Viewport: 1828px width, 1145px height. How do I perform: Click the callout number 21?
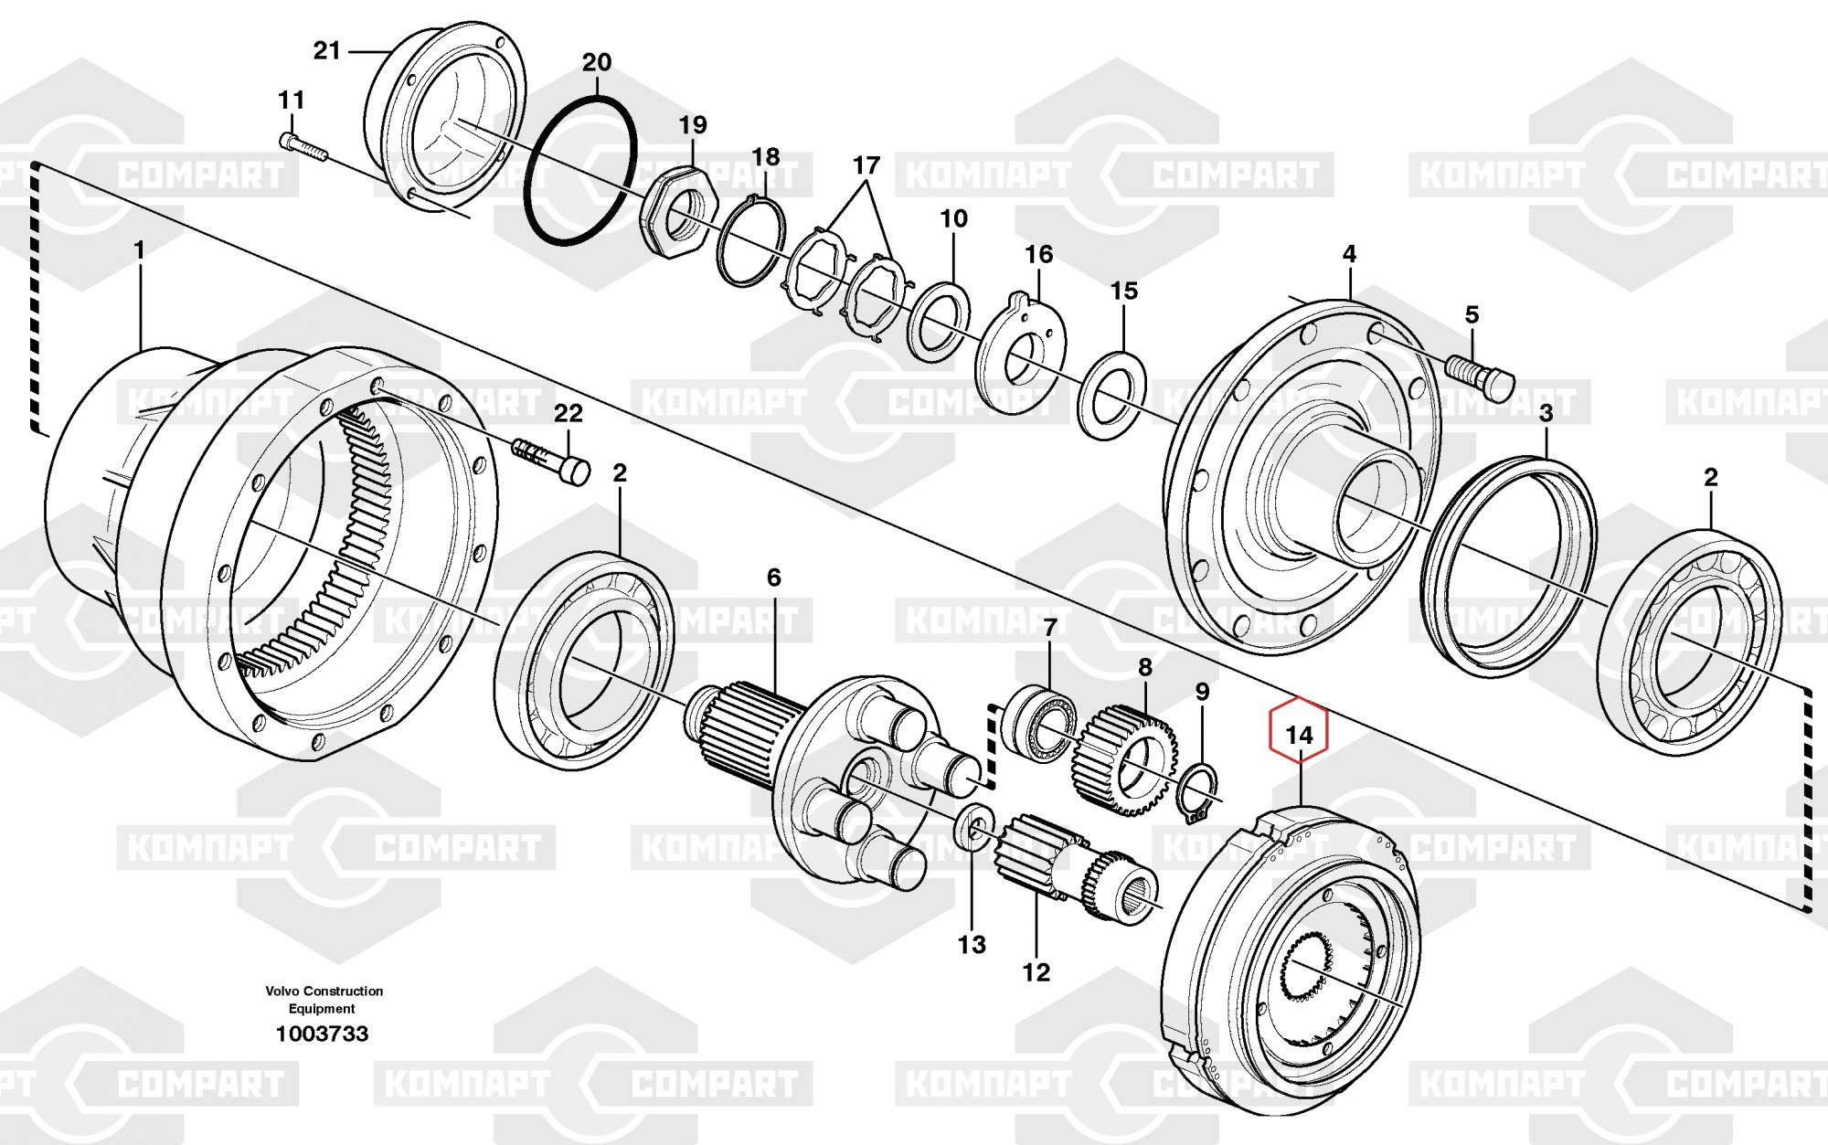click(x=326, y=51)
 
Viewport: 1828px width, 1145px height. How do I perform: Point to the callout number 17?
click(x=866, y=166)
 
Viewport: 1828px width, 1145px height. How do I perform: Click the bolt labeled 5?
click(x=1481, y=375)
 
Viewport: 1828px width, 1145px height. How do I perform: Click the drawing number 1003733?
click(x=322, y=1034)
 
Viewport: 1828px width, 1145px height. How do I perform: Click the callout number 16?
click(x=1038, y=254)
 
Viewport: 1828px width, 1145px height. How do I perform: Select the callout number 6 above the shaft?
click(x=774, y=578)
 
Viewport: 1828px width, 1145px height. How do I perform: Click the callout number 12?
click(x=1036, y=971)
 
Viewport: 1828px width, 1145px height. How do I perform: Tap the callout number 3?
click(x=1546, y=414)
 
